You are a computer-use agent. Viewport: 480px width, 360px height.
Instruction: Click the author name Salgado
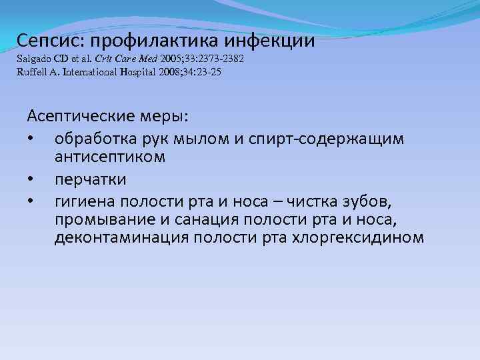[35, 59]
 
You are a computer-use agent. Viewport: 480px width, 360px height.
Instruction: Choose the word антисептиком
[109, 157]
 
